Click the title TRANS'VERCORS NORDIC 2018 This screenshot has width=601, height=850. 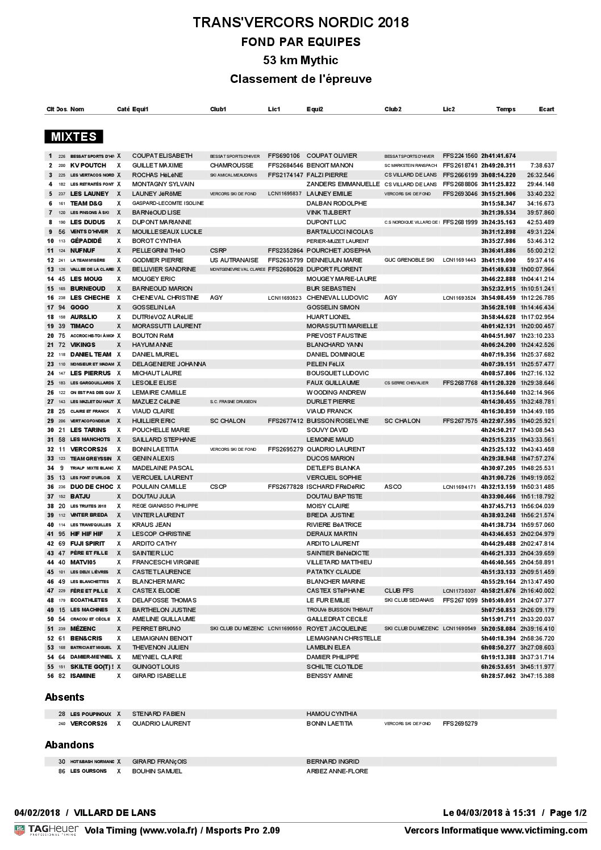(300, 23)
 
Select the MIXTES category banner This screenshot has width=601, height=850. (74, 137)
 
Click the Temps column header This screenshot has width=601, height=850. (506, 109)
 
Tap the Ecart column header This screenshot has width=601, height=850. (546, 109)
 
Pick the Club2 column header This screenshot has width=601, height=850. (393, 109)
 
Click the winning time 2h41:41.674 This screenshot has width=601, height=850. (498, 156)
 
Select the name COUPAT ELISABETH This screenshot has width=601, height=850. (162, 156)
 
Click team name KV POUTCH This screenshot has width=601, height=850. (88, 165)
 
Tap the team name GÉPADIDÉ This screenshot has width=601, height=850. (86, 241)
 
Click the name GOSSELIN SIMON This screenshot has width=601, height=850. (333, 307)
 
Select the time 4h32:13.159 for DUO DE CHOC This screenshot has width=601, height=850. (498, 487)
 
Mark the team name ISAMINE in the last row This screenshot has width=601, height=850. (83, 676)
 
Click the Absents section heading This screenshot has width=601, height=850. (64, 697)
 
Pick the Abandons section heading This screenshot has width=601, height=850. (69, 745)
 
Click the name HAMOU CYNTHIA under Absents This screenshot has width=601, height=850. (332, 714)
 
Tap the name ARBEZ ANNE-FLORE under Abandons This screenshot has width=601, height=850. (337, 771)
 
